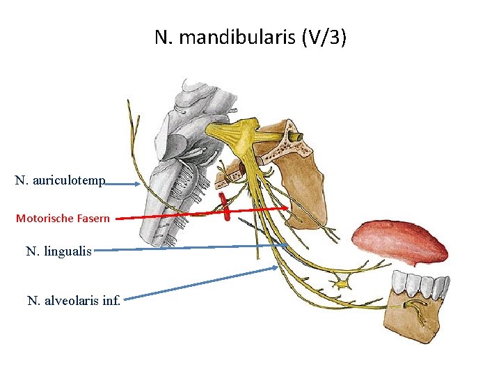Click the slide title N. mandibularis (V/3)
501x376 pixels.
click(x=250, y=38)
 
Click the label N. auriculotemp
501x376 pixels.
click(x=60, y=181)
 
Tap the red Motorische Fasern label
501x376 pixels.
click(x=63, y=218)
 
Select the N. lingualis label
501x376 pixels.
click(x=58, y=251)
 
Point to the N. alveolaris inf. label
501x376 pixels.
click(x=74, y=301)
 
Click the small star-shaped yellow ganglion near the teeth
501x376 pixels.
click(x=342, y=283)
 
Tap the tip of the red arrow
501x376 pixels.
click(x=287, y=207)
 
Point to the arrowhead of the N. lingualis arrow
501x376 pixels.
click(x=285, y=244)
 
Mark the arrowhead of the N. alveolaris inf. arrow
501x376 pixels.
click(x=277, y=268)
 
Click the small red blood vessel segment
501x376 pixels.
click(x=225, y=207)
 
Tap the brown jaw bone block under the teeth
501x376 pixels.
click(x=418, y=318)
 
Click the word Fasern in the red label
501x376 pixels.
click(x=93, y=218)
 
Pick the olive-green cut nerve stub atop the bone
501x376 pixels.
click(x=296, y=135)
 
